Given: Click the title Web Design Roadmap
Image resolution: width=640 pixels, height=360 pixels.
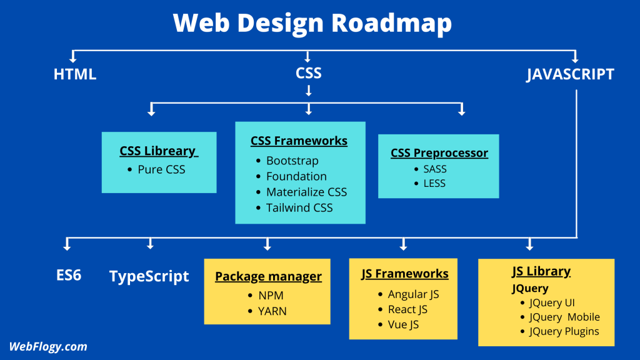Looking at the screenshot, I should click(312, 24).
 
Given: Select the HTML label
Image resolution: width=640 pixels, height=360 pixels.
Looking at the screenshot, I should click(75, 74).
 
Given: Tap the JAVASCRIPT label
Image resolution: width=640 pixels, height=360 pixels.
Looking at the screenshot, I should click(570, 74).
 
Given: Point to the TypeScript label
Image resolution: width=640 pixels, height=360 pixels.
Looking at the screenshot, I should click(149, 276).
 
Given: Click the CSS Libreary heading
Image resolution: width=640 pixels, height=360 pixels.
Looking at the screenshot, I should click(159, 152).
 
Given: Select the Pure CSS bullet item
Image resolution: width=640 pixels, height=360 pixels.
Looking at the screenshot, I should click(161, 169).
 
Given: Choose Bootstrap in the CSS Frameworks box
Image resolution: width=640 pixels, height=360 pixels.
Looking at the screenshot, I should click(292, 161).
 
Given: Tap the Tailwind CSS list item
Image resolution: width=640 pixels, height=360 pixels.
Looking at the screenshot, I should click(299, 207).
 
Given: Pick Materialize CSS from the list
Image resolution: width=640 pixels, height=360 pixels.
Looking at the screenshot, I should click(306, 192).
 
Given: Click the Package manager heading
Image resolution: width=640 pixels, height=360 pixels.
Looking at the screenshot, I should click(268, 276).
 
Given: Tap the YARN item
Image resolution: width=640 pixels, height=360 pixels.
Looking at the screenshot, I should click(272, 311).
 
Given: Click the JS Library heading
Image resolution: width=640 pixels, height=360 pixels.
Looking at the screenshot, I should click(541, 271).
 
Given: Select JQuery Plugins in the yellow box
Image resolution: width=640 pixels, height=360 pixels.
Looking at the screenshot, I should click(564, 331).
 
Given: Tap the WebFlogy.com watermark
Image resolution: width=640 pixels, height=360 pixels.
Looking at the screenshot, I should click(48, 346).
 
